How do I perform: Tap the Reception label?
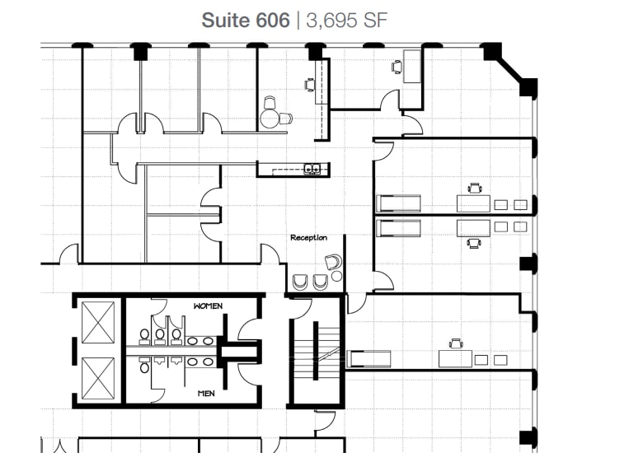[308, 238]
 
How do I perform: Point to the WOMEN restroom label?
[208, 306]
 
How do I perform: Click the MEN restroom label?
[206, 394]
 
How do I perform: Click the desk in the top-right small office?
[411, 66]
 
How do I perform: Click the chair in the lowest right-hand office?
[454, 343]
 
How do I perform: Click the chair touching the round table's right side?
[285, 119]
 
